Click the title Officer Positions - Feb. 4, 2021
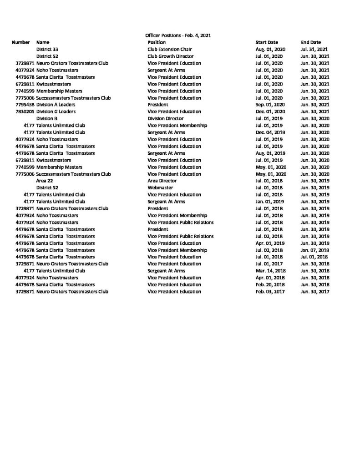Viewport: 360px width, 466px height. point(177,35)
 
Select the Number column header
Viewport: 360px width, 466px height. point(21,42)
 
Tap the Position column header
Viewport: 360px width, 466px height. point(157,42)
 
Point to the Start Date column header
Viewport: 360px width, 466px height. point(267,42)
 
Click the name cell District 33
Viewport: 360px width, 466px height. point(47,49)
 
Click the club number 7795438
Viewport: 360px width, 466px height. point(25,105)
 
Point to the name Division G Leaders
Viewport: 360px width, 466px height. point(56,111)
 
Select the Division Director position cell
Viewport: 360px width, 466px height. point(166,118)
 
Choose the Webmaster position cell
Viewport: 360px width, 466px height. point(159,187)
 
